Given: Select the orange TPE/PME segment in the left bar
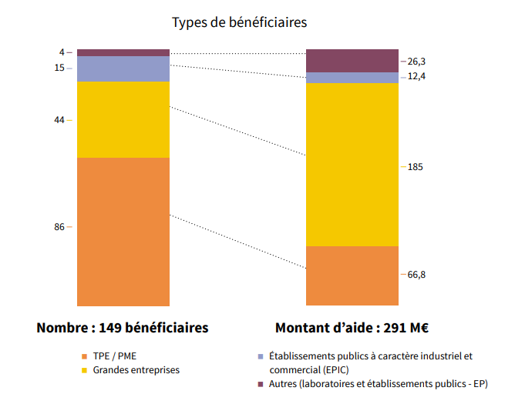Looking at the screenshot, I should coord(123,231).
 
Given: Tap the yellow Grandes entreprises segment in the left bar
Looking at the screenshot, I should coord(123,119).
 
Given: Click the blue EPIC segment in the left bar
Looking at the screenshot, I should coord(123,68).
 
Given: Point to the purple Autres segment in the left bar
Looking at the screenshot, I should coord(123,52).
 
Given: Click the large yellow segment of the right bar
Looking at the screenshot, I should coord(352,164).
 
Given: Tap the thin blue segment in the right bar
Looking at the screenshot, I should coord(352,77).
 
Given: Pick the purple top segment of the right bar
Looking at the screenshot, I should coord(352,61).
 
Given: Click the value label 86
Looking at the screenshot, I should coord(60,227).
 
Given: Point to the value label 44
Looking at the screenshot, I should coord(60,120).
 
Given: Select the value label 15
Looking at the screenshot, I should coord(60,68).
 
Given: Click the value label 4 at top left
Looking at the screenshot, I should coord(62,52).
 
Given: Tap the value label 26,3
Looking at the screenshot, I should coord(416,62).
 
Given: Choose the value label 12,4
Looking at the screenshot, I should coord(416,76).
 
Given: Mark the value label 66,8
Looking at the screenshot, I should coord(416,275).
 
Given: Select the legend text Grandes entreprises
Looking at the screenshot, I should coord(136,370).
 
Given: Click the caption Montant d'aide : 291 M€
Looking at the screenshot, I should coord(352,327).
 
